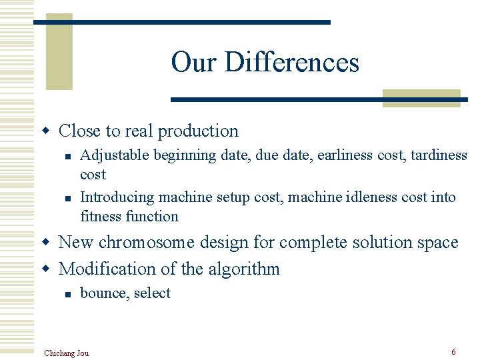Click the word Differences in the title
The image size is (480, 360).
292,63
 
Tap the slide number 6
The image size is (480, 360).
453,351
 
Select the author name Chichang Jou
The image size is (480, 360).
66,353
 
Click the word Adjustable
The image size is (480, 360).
115,155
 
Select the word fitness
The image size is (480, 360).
101,216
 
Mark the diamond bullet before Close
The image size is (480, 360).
46,131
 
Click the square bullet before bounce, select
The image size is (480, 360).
68,294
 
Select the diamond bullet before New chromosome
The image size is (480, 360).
46,242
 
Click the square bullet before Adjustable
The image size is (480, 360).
68,156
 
